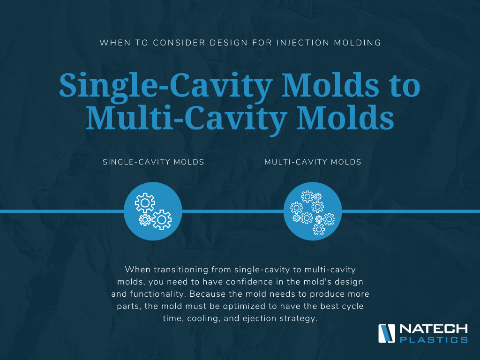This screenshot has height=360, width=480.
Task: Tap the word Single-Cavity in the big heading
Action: [x=165, y=86]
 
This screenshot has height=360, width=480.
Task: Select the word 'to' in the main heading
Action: [x=404, y=86]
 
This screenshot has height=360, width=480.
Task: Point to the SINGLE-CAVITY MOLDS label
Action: [x=153, y=162]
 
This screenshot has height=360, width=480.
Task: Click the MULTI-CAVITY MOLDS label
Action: [x=313, y=162]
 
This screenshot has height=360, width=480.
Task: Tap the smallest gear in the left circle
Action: [x=144, y=219]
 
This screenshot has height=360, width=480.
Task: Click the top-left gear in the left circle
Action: [x=145, y=202]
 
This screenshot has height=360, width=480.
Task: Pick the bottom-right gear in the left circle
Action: [x=162, y=219]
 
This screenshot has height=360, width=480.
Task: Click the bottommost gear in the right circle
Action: [x=319, y=229]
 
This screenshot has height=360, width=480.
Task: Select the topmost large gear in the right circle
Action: [x=307, y=196]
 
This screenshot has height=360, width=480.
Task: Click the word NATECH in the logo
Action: [x=434, y=329]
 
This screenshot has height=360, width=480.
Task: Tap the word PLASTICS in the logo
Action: [x=434, y=339]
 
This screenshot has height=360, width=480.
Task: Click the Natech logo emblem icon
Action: [x=387, y=333]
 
